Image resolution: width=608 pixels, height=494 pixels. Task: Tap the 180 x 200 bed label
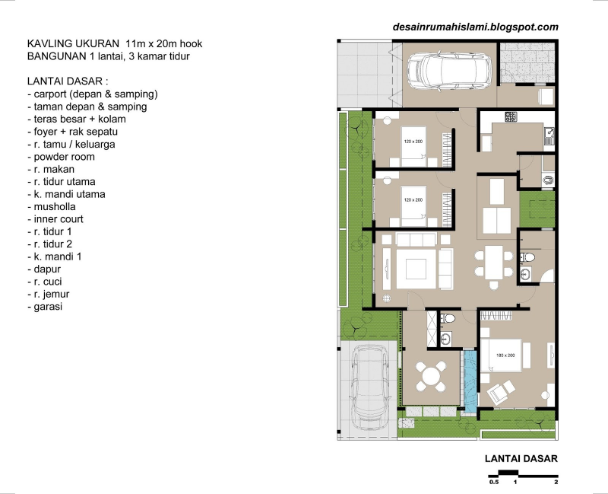pos(505,355)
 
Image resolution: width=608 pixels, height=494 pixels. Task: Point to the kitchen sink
pos(549,134)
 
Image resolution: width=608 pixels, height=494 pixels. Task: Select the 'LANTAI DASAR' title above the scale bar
pos(521,458)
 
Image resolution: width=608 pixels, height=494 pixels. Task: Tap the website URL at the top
pos(475,27)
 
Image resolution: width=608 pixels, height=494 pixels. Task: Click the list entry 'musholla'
pos(52,206)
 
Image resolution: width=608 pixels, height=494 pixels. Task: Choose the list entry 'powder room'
pos(61,157)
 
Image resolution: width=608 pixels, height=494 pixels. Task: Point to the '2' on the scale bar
pos(556,482)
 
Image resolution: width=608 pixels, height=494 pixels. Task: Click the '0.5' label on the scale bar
pos(493,482)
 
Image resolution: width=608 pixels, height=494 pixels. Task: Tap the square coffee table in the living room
pos(416,269)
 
